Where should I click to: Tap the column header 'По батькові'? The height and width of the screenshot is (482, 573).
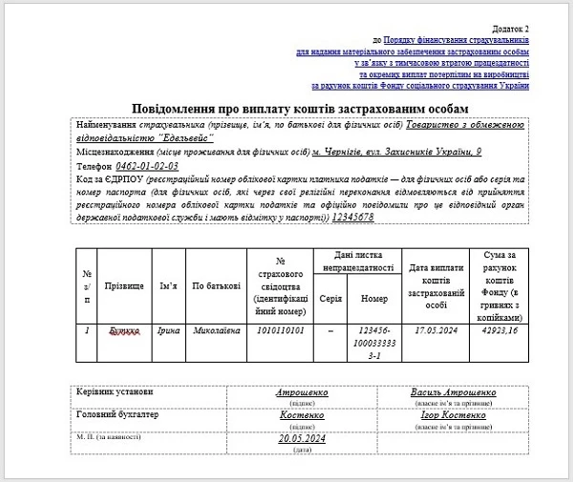point(211,284)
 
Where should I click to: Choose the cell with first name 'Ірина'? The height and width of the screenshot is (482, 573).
point(168,330)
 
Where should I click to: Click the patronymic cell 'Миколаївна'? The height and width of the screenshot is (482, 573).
point(211,330)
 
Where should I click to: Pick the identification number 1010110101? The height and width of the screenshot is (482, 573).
point(281,330)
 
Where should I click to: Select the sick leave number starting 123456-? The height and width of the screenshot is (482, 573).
point(374,340)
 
